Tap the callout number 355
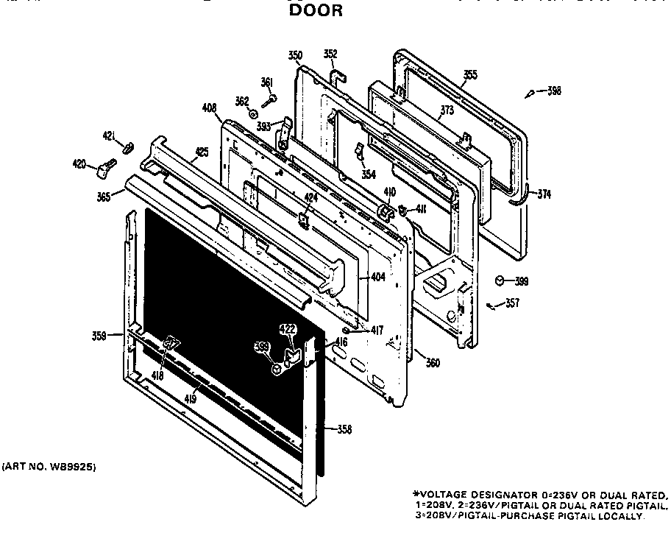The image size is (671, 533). coord(469,74)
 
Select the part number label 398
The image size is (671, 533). coord(554,91)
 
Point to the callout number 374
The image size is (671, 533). coord(544,194)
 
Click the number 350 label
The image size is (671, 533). coord(295,56)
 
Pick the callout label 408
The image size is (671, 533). coord(209,108)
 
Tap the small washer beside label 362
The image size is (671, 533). coord(253,113)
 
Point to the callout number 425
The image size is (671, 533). coord(202,152)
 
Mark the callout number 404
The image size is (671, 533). coord(377,277)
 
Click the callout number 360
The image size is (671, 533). coord(433,363)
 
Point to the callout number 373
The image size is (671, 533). coord(447,110)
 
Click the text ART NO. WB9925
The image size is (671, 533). coord(49,467)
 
